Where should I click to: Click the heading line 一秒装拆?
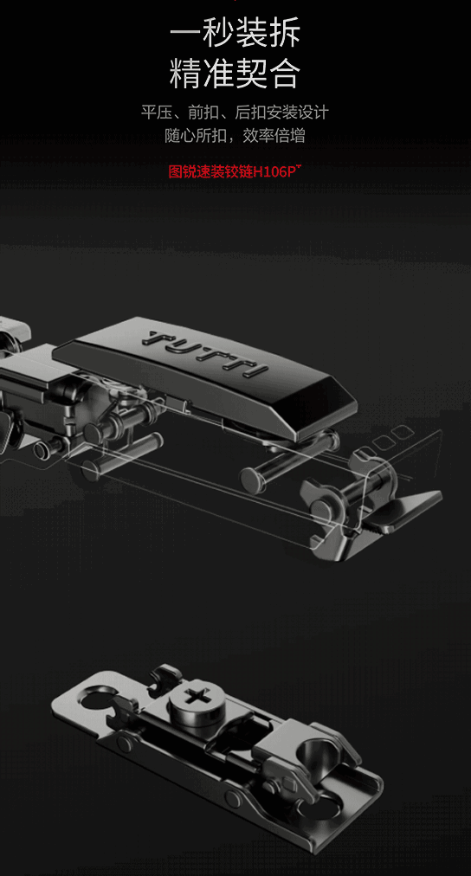[x=235, y=32]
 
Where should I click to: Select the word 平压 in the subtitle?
[x=152, y=113]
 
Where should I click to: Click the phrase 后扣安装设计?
[x=282, y=113]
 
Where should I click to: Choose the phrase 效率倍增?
[x=281, y=136]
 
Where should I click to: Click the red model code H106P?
[x=276, y=171]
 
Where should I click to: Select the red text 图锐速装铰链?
[x=210, y=171]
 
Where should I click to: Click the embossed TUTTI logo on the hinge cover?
[x=205, y=353]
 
